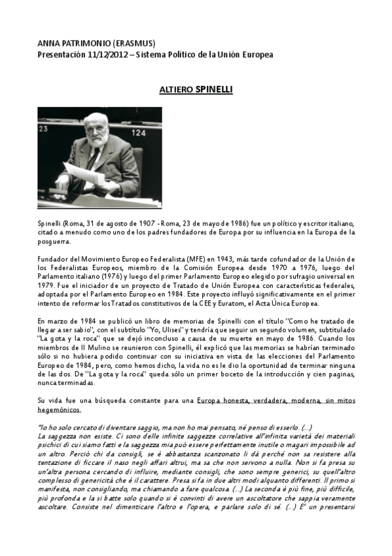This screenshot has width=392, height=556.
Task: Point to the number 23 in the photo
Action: (x=44, y=129)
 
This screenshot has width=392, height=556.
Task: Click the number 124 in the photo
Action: (x=140, y=132)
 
